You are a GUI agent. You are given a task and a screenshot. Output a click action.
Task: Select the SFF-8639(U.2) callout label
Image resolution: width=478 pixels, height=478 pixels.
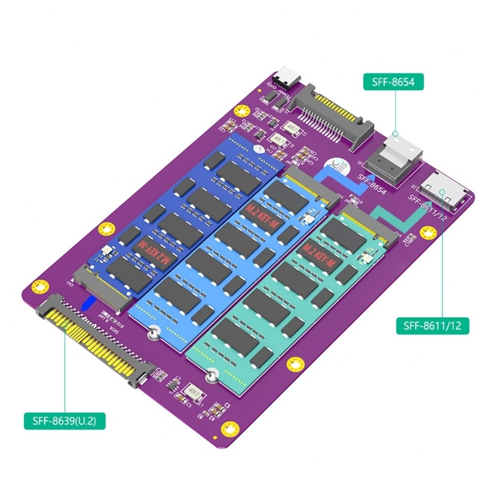pos(65,421)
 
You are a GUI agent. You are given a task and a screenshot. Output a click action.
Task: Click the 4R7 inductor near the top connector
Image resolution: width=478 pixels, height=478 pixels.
pos(292,128)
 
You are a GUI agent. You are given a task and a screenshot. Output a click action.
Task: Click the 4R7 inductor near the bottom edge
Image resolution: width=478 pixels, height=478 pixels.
pos(194,391)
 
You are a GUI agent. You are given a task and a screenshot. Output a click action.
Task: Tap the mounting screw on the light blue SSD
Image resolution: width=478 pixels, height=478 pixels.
pos(154,332)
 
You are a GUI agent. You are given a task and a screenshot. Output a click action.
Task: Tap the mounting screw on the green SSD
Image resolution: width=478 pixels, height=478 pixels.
pos(210,376)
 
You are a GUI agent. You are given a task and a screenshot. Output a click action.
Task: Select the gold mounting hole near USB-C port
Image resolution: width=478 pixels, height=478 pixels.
pos(241,110)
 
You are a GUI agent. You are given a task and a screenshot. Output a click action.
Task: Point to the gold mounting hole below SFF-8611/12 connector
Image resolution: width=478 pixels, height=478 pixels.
pos(427,232)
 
